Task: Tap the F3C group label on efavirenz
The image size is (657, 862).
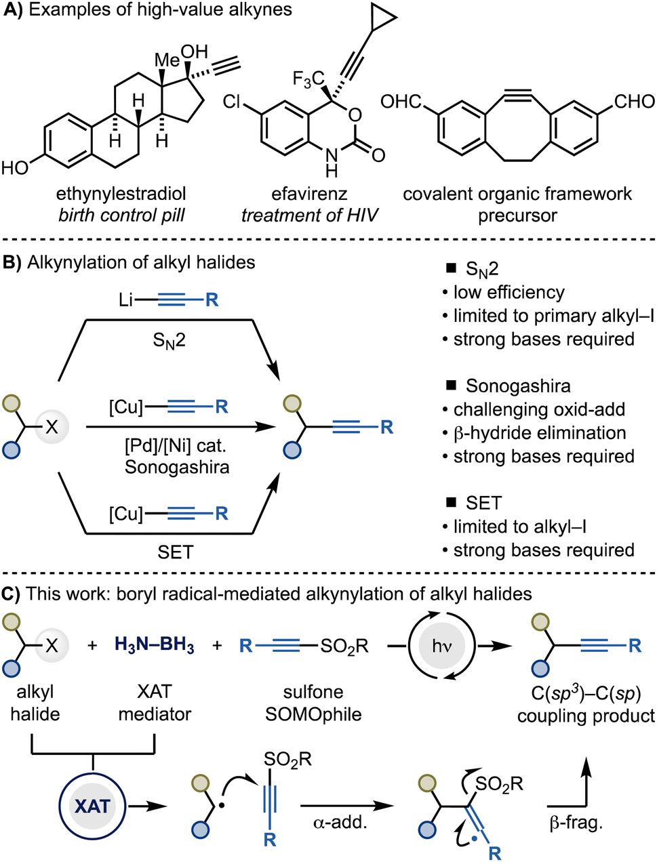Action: pyautogui.click(x=308, y=79)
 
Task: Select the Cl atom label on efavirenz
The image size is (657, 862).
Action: pyautogui.click(x=231, y=102)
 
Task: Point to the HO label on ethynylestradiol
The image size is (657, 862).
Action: pyautogui.click(x=15, y=168)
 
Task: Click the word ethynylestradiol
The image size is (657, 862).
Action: pyautogui.click(x=121, y=194)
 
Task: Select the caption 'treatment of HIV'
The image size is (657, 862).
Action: pyautogui.click(x=310, y=215)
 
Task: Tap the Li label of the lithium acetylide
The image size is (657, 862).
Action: pyautogui.click(x=125, y=300)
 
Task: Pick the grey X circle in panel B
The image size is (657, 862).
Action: pyautogui.click(x=52, y=426)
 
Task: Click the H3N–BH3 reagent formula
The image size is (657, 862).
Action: pyautogui.click(x=155, y=645)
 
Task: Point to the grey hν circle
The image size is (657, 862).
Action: pyautogui.click(x=442, y=645)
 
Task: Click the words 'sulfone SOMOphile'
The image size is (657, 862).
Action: pyautogui.click(x=313, y=703)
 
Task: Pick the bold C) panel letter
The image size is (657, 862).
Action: pyautogui.click(x=11, y=594)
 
